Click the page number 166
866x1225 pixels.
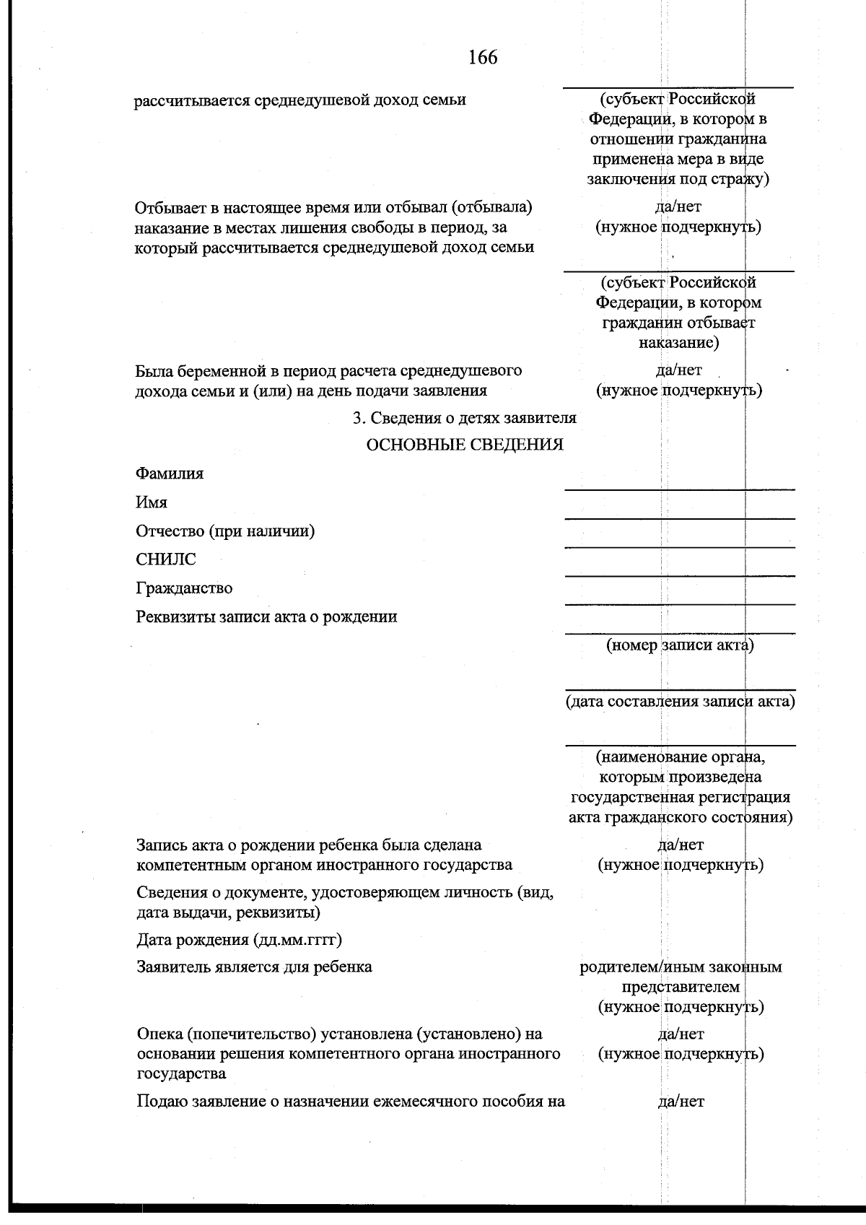(483, 57)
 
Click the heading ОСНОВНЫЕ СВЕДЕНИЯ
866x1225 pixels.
(465, 445)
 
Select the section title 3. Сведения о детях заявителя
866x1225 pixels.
(464, 418)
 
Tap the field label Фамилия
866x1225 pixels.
(170, 474)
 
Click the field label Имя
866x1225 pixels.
(152, 502)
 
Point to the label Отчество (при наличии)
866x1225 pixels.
(225, 531)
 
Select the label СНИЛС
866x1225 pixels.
(165, 559)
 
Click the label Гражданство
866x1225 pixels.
(184, 588)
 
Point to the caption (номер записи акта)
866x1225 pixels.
(680, 645)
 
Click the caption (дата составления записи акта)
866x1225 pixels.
(680, 701)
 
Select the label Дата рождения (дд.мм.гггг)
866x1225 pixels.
(239, 940)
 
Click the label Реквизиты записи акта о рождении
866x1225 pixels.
(266, 617)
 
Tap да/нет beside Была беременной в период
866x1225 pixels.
(678, 371)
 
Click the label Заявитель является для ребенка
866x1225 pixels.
(254, 967)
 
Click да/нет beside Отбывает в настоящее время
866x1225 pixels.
(678, 208)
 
